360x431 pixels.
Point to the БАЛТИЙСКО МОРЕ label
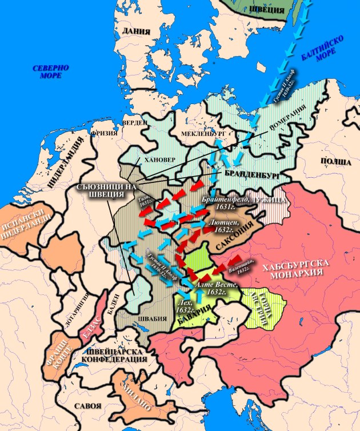coord(322,55)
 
